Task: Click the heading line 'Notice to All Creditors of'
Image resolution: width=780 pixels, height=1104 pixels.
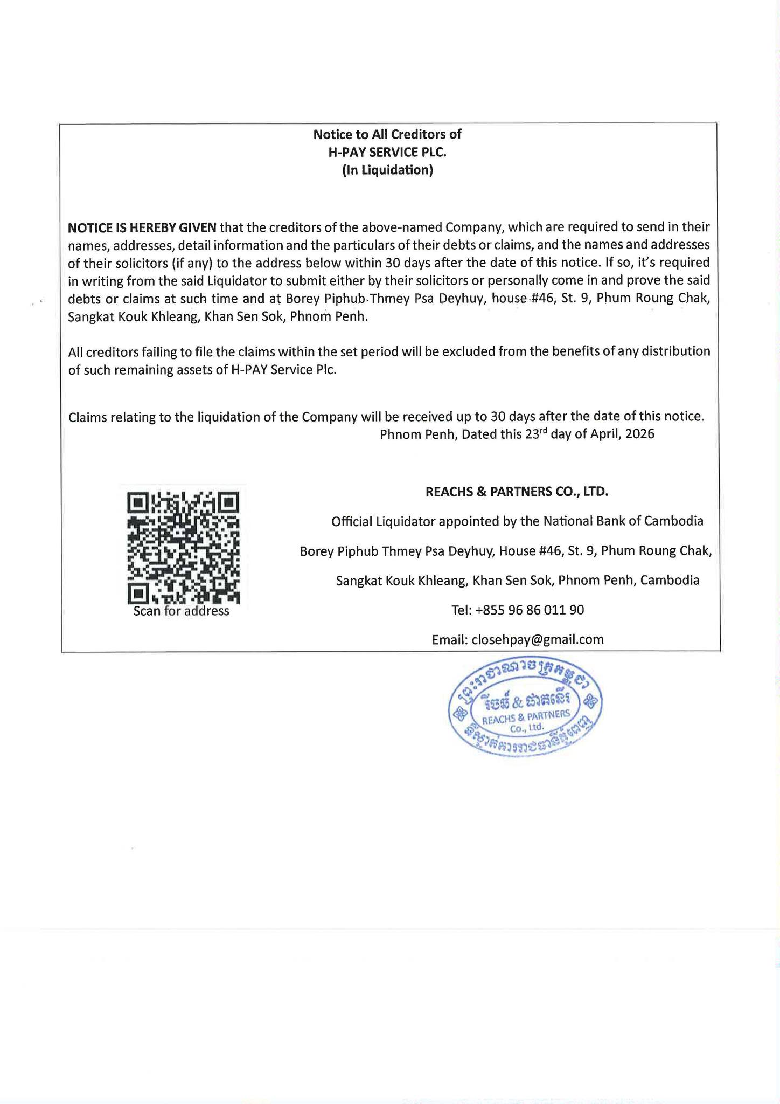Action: (x=387, y=134)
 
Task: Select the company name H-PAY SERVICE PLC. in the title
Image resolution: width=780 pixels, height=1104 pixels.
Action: (x=387, y=153)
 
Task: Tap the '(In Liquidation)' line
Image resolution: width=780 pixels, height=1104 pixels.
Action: (x=387, y=171)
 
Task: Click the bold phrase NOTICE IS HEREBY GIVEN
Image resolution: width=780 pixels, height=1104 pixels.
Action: (x=142, y=227)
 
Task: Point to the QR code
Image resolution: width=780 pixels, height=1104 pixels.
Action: (x=184, y=548)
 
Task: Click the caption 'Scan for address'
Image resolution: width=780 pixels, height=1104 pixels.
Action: (x=181, y=611)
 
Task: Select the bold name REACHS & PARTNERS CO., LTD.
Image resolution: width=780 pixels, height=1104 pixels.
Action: (x=517, y=492)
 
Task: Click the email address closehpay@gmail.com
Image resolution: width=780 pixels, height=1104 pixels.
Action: (x=537, y=640)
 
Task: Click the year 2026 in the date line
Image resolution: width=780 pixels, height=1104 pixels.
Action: (x=640, y=434)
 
